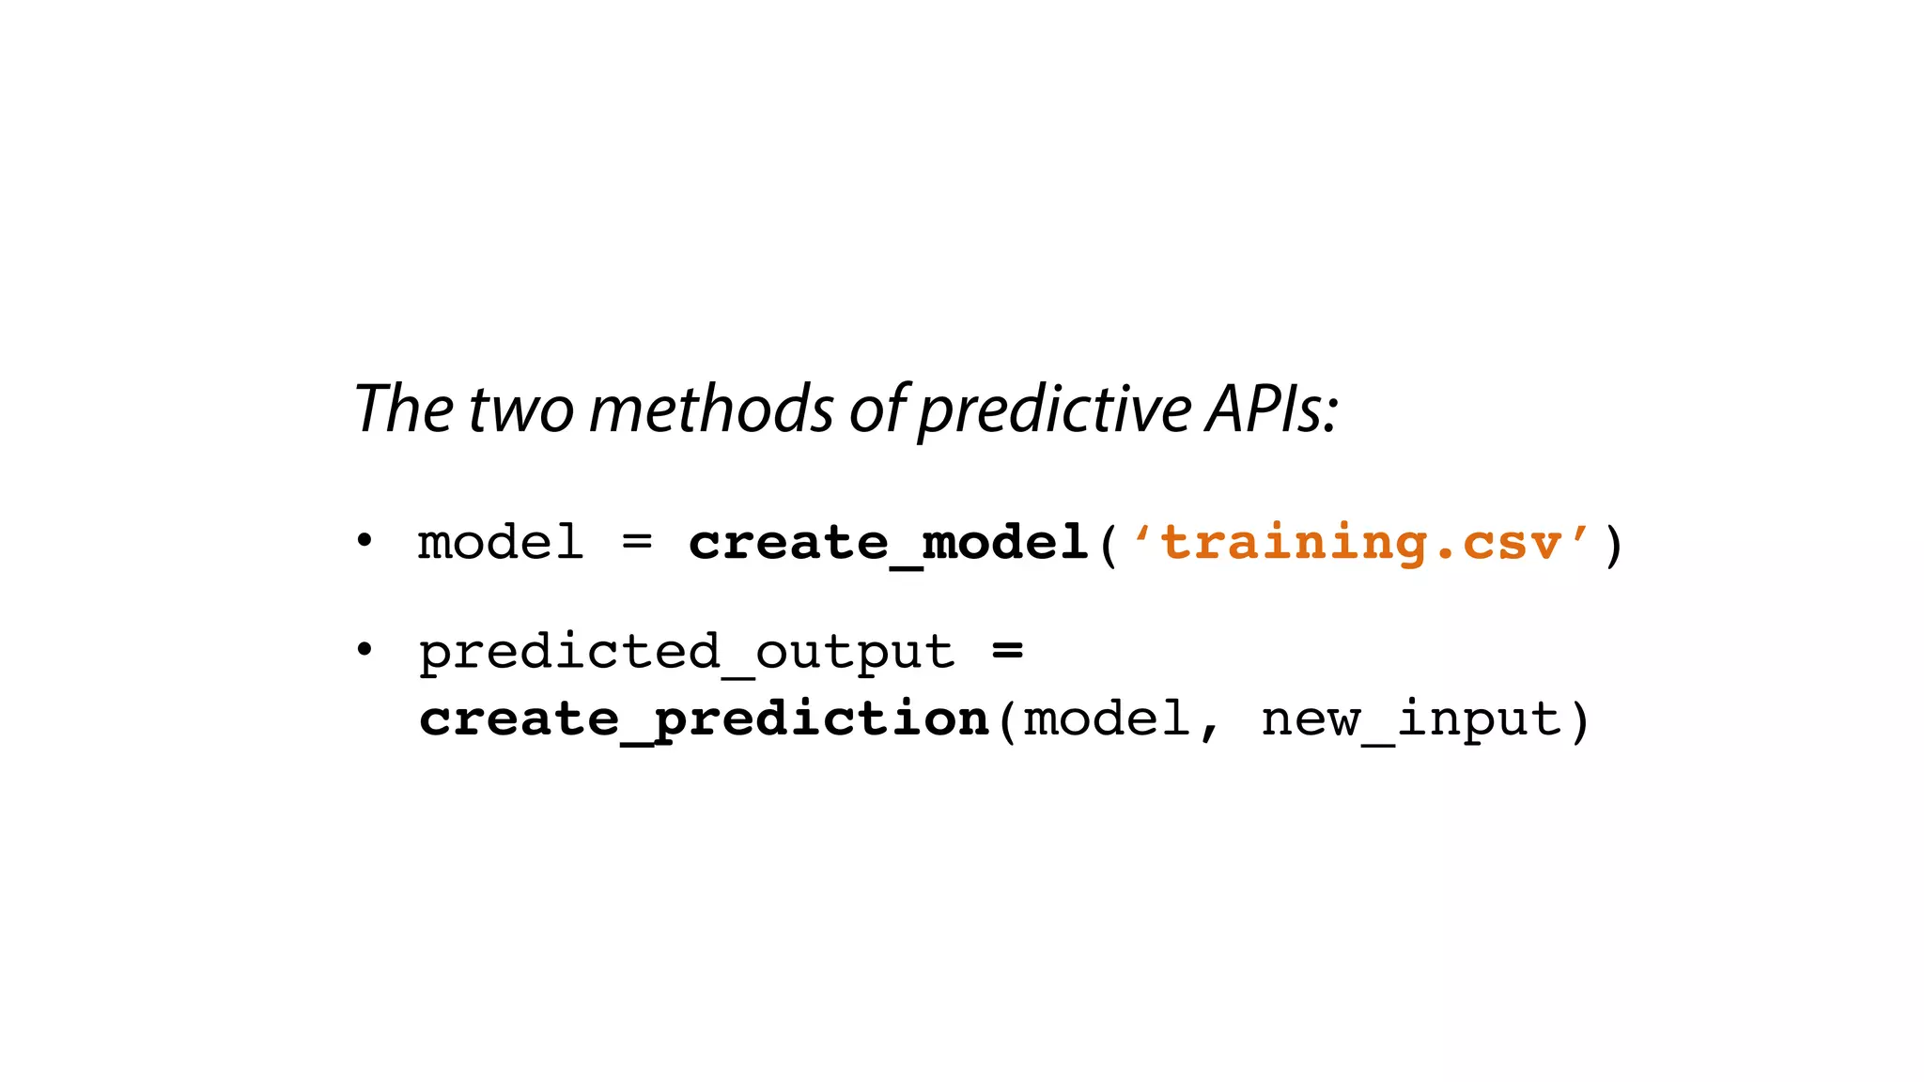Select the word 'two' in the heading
[x=520, y=410]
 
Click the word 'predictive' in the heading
[x=1055, y=410]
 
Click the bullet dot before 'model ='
[x=365, y=541]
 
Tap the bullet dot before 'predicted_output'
[x=365, y=650]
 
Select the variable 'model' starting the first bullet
[x=501, y=543]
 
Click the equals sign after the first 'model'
[x=637, y=542]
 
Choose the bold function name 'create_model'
[x=888, y=544]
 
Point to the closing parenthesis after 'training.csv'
[x=1613, y=545]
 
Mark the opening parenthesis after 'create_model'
[x=1109, y=545]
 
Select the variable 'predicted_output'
[x=687, y=653]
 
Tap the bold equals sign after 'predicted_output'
[x=1007, y=650]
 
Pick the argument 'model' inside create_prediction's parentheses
[x=1107, y=719]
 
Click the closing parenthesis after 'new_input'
[x=1580, y=720]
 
